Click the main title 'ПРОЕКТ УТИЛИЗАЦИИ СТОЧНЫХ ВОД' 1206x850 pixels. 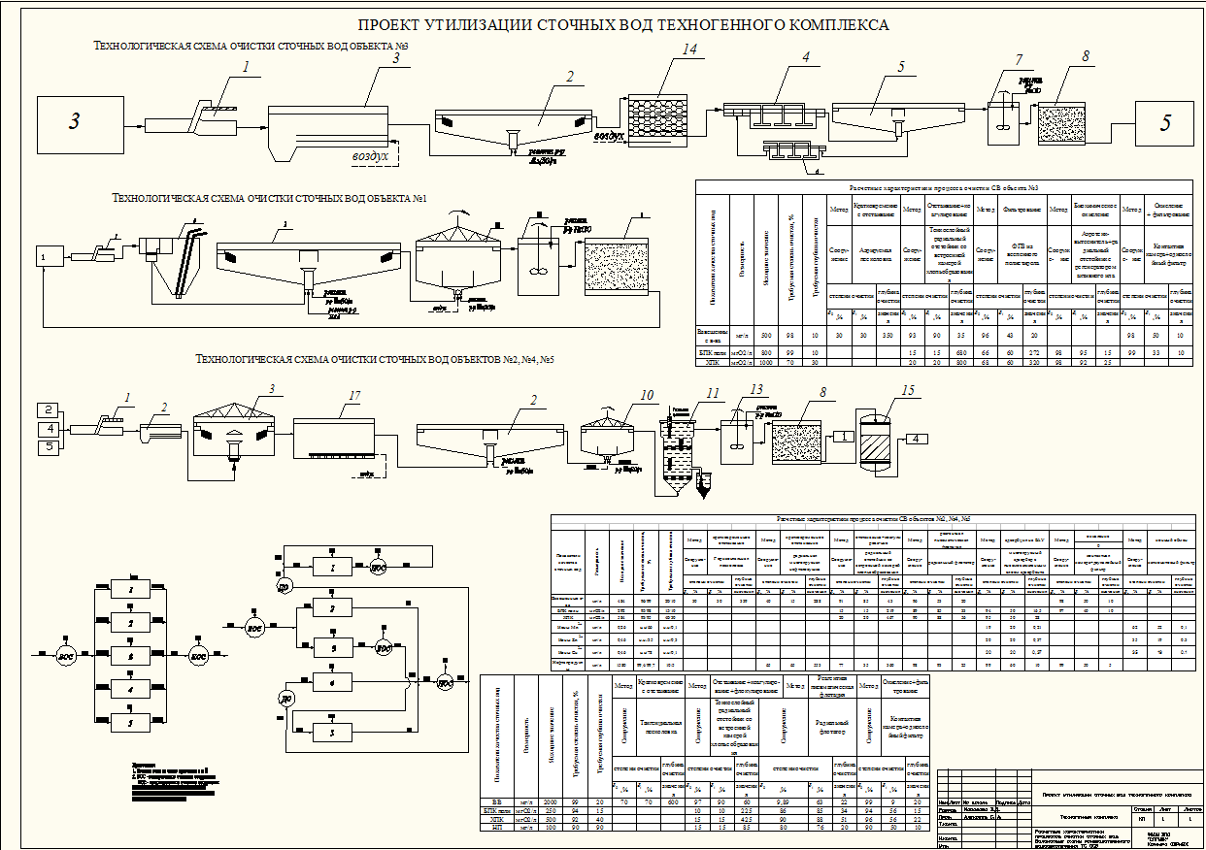[622, 24]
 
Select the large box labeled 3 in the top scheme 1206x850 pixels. [75, 121]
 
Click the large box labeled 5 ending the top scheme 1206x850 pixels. [1166, 122]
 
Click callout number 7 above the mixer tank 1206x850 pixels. [1018, 60]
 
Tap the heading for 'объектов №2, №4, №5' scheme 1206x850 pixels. [375, 359]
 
